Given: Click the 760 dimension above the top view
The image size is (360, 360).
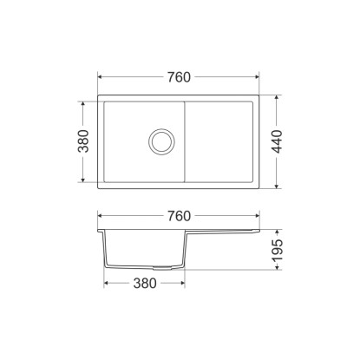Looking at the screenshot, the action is click(x=179, y=77).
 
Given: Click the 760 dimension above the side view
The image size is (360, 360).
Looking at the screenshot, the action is click(x=179, y=216).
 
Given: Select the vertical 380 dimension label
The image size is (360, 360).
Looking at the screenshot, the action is click(x=83, y=141).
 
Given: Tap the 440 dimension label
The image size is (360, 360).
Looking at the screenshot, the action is click(x=277, y=141).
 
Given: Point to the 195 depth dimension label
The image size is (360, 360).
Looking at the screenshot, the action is click(x=278, y=250).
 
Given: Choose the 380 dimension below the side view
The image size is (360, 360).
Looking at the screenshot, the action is click(x=145, y=284).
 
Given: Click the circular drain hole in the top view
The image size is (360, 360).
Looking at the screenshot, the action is click(x=161, y=141).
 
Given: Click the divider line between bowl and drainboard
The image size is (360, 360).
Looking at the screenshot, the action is click(x=185, y=142).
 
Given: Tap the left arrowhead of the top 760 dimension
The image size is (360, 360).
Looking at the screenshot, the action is click(x=101, y=77).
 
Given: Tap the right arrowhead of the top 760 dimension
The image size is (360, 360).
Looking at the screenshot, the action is click(x=257, y=77).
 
